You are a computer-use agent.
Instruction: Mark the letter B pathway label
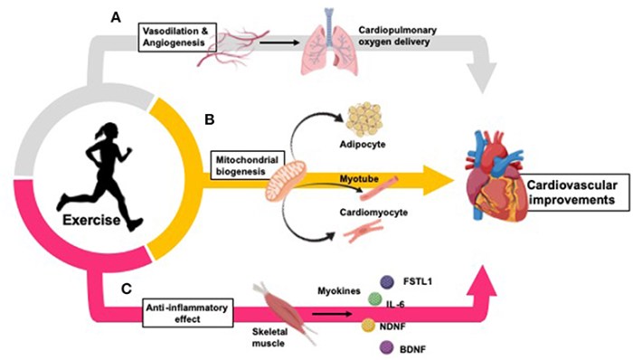(210, 121)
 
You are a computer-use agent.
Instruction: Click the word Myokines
(340, 291)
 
